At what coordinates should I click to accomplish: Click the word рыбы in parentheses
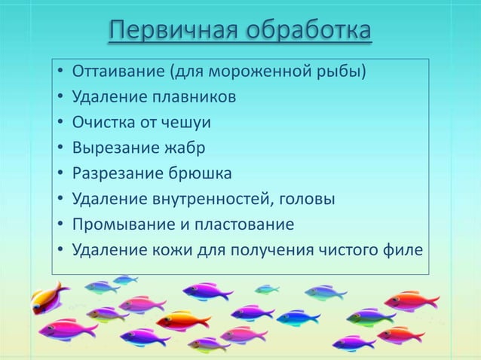point(348,73)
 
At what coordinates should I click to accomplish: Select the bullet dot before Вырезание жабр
point(60,149)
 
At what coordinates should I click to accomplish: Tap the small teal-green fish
point(266,289)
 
